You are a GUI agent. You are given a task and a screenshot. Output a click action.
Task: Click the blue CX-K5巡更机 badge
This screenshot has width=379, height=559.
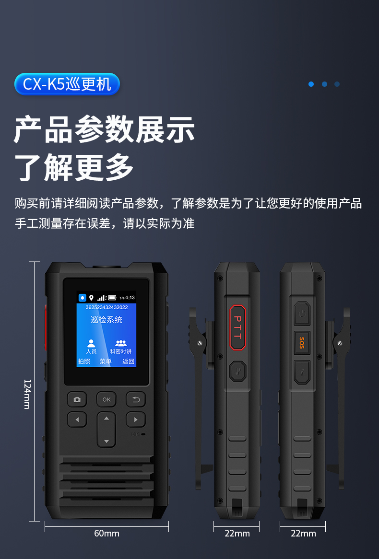pos(67,84)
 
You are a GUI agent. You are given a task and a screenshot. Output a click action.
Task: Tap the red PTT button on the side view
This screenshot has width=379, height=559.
pos(237,327)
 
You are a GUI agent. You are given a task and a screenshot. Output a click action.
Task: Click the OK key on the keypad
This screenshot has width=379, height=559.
pos(107,399)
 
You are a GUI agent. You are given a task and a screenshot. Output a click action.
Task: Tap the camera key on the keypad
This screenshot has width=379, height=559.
pos(77,399)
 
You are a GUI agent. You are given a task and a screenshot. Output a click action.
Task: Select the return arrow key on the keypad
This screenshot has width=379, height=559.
pos(136,399)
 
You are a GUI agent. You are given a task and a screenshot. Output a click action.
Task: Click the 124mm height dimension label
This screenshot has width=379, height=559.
pos(27,394)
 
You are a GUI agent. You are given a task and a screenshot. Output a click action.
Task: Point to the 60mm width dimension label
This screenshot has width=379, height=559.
pos(107,533)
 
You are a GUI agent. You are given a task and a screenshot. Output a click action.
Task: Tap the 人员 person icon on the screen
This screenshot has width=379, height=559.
pos(91,343)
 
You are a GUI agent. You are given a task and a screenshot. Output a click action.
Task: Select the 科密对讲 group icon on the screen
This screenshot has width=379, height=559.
pos(121,343)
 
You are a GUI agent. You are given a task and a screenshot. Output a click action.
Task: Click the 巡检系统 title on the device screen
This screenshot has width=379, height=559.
pos(107,319)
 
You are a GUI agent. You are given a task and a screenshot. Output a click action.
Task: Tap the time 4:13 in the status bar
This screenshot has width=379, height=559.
pos(130,298)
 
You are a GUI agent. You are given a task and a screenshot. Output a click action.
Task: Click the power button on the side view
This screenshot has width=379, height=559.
pos(302,314)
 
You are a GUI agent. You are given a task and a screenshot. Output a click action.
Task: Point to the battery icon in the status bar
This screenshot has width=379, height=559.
pos(112,298)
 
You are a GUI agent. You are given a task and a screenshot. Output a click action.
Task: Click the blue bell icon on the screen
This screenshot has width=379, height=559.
pos(83,298)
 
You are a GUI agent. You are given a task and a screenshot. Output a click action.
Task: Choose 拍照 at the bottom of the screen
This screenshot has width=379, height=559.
pos(84,361)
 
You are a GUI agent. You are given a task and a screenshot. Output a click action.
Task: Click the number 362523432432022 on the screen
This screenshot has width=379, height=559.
pos(107,307)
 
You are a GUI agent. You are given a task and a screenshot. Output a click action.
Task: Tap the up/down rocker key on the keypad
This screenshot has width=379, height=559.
pos(107,430)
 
